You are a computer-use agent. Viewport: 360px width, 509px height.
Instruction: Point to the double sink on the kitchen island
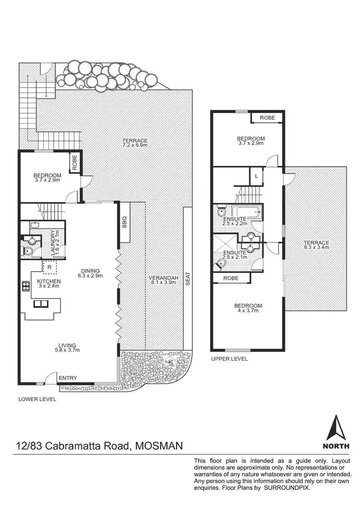pyautogui.click(x=42, y=304)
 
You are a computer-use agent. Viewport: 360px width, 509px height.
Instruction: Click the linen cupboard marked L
pyautogui.click(x=257, y=176)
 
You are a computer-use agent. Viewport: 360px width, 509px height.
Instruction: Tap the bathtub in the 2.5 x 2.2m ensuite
pyautogui.click(x=245, y=211)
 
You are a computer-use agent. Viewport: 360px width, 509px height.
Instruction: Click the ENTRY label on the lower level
pyautogui.click(x=68, y=378)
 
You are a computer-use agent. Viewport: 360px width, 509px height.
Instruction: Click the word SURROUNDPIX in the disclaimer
pyautogui.click(x=287, y=487)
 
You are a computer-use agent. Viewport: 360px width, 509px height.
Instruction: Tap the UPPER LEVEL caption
pyautogui.click(x=229, y=359)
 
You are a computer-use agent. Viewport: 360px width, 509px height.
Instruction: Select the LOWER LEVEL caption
pyautogui.click(x=37, y=399)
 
